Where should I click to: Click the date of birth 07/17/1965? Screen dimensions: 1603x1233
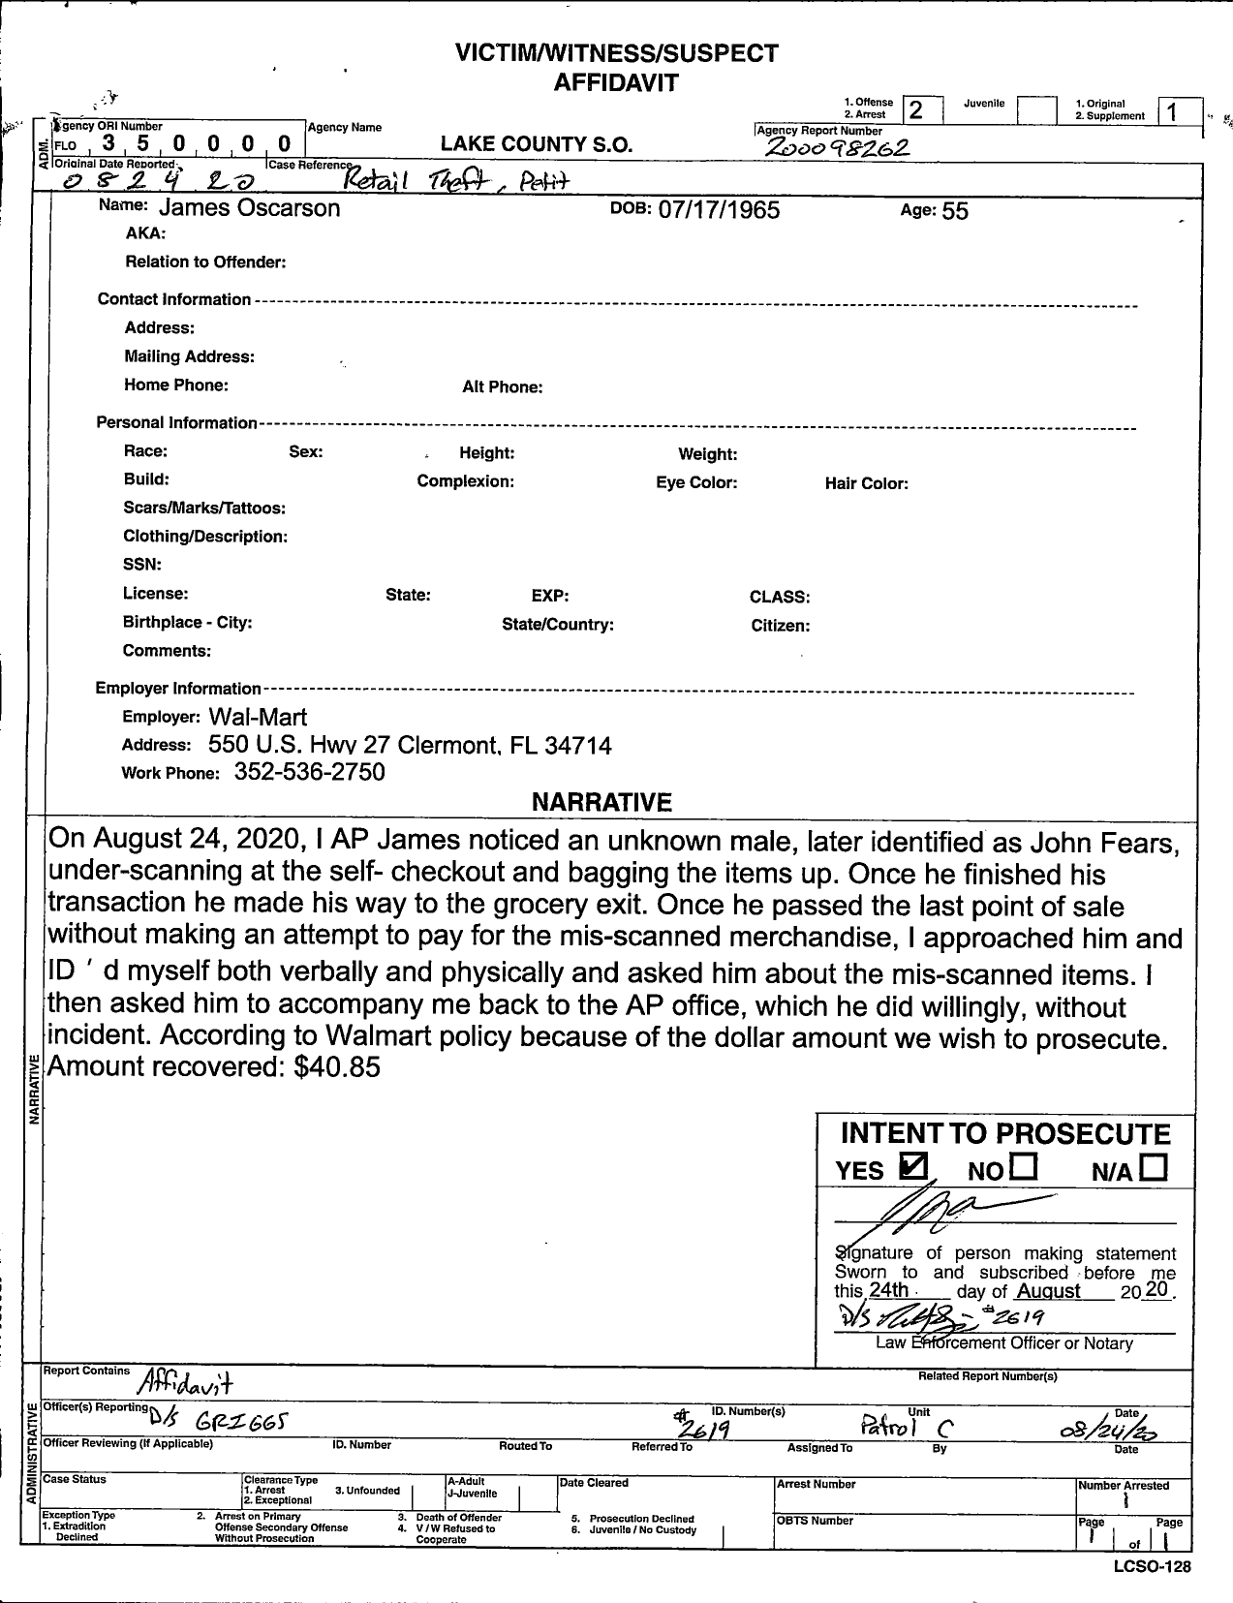click(x=719, y=210)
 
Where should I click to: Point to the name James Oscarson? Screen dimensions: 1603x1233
click(x=249, y=207)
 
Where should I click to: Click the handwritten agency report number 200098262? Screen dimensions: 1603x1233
click(x=837, y=147)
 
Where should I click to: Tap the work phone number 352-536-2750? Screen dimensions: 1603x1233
click(x=310, y=772)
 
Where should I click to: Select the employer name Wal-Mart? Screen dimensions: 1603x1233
click(x=258, y=717)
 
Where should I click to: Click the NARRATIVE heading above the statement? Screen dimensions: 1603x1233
click(x=601, y=802)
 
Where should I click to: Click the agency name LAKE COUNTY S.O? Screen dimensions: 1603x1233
click(x=536, y=145)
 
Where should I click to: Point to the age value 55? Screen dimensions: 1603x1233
click(x=954, y=211)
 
